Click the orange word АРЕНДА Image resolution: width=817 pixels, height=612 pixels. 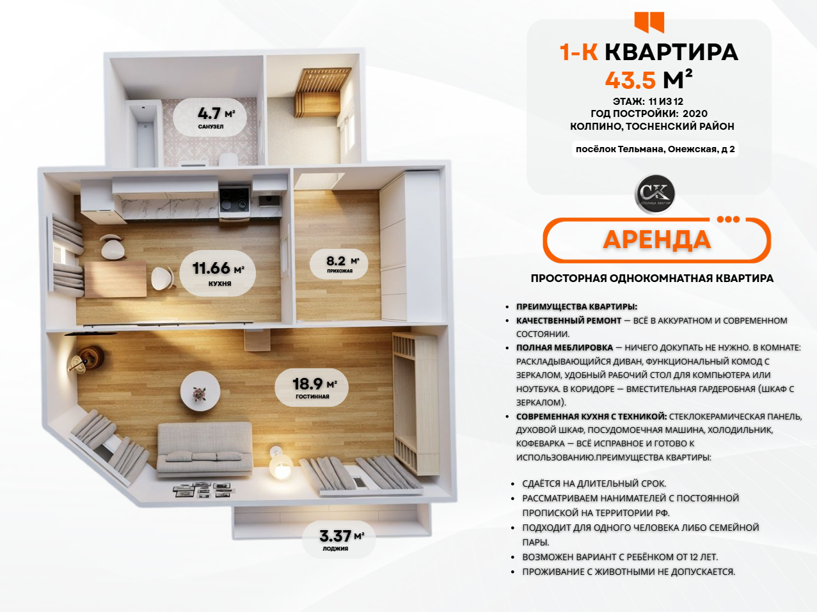click(657, 240)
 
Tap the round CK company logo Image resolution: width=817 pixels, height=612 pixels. click(654, 194)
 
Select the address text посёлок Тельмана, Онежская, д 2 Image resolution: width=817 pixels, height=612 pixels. click(655, 149)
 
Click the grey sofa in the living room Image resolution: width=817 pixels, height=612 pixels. click(204, 449)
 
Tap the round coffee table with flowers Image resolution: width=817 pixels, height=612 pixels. click(200, 391)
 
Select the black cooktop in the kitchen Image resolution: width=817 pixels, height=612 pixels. click(234, 200)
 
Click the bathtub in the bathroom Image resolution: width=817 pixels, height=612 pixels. click(145, 134)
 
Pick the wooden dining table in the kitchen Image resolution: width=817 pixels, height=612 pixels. click(115, 279)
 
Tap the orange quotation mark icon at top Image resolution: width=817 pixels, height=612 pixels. click(649, 22)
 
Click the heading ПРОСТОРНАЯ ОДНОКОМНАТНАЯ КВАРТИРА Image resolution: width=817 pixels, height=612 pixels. click(652, 278)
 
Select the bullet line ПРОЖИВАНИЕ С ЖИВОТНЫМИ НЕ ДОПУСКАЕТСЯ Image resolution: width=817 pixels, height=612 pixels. click(629, 572)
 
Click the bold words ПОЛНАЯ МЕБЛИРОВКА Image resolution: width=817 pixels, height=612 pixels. click(564, 347)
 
